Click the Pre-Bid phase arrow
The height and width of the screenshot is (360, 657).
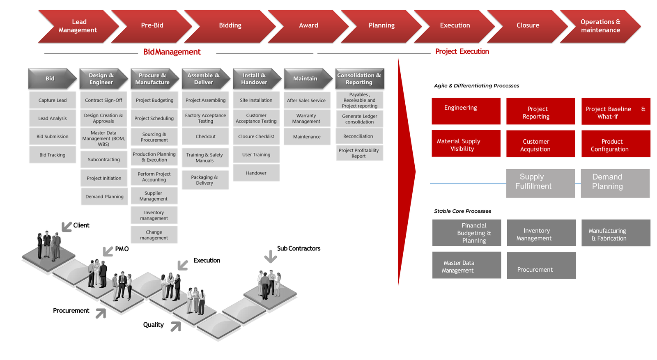152,26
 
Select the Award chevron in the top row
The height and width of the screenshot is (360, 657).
308,26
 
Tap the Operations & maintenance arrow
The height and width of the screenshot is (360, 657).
600,26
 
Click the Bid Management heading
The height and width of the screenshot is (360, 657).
172,52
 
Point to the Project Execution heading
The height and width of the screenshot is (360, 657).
462,52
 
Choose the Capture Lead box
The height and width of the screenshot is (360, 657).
53,100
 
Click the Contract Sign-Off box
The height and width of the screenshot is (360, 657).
103,100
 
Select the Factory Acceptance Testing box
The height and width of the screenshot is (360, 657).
205,118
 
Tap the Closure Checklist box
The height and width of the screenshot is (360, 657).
256,137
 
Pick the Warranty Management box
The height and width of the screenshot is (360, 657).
307,118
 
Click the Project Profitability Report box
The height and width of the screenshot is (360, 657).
359,153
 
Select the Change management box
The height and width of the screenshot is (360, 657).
154,235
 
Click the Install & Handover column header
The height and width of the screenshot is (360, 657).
256,79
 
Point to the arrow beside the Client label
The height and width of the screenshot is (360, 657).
66,227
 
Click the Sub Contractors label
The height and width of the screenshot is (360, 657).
299,248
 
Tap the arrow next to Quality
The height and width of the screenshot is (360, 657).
176,327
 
